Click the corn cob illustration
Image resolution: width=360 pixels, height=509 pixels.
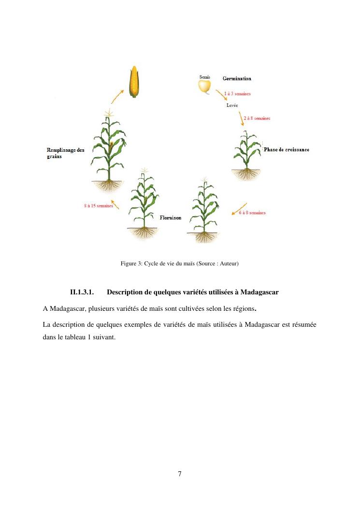point(133,82)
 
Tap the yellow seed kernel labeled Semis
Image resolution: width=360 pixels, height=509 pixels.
point(205,86)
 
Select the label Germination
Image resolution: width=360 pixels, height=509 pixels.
point(237,78)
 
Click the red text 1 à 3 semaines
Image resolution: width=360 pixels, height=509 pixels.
point(237,94)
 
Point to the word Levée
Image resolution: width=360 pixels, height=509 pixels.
point(232,105)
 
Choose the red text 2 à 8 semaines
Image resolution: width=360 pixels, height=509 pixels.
point(257,118)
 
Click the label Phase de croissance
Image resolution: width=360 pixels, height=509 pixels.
point(287,150)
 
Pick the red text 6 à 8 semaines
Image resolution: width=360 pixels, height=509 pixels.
point(252,213)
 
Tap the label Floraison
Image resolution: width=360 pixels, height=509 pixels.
point(171,218)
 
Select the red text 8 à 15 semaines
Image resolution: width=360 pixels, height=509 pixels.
point(98,206)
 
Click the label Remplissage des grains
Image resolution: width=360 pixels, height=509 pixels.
point(65,153)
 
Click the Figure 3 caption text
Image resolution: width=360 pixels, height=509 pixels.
point(180,263)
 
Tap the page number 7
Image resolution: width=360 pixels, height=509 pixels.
point(180,474)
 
